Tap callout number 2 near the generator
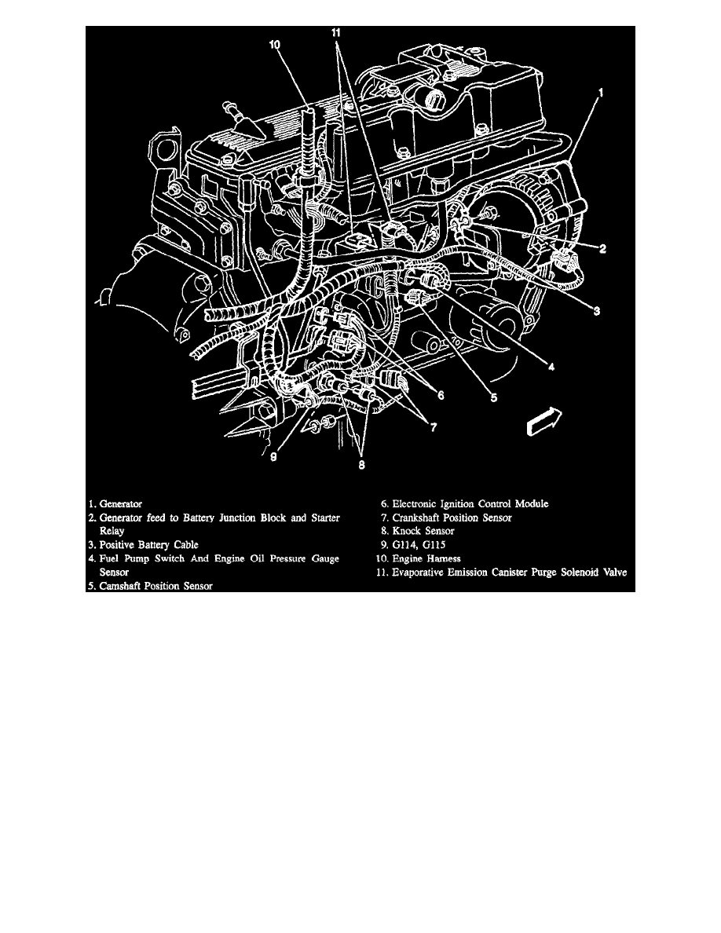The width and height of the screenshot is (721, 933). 602,250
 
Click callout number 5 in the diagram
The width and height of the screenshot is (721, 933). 493,397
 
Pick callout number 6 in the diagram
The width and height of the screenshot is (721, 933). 441,396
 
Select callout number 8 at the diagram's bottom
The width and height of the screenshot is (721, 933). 360,464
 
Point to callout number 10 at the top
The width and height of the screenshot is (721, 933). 275,46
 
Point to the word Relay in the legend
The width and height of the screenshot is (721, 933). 113,530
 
